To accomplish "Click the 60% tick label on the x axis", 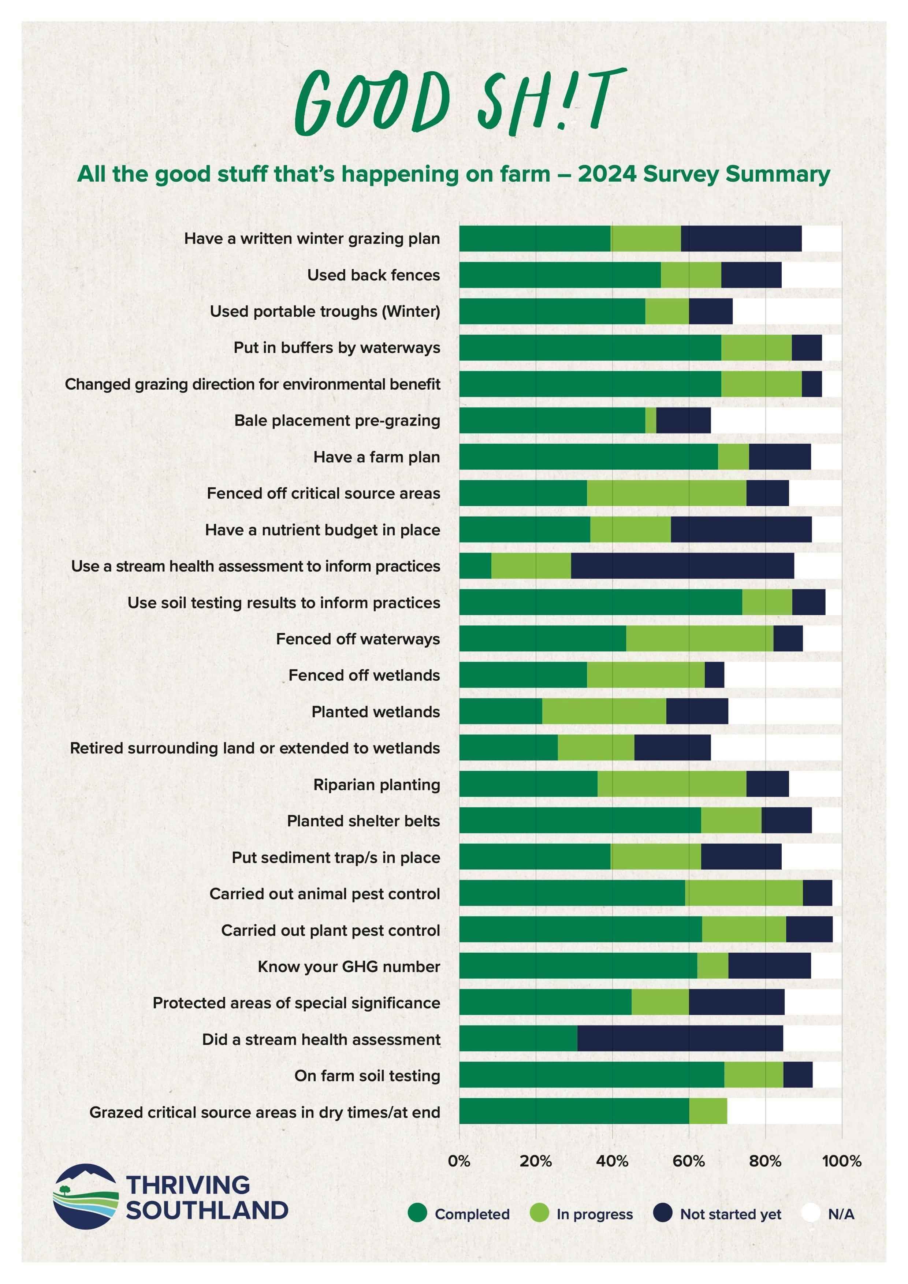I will pos(688,1161).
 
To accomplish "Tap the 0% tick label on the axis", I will pos(459,1161).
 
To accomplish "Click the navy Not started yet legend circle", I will pos(663,1214).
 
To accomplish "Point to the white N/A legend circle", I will pos(810,1214).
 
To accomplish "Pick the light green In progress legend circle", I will pos(539,1214).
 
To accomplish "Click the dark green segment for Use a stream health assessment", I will pos(475,566).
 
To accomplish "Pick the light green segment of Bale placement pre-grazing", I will pos(650,420).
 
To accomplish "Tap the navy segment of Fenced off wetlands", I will pos(714,675).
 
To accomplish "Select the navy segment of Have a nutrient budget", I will pos(741,529).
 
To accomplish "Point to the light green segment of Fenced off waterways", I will pos(699,639).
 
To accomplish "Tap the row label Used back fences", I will pos(373,275).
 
